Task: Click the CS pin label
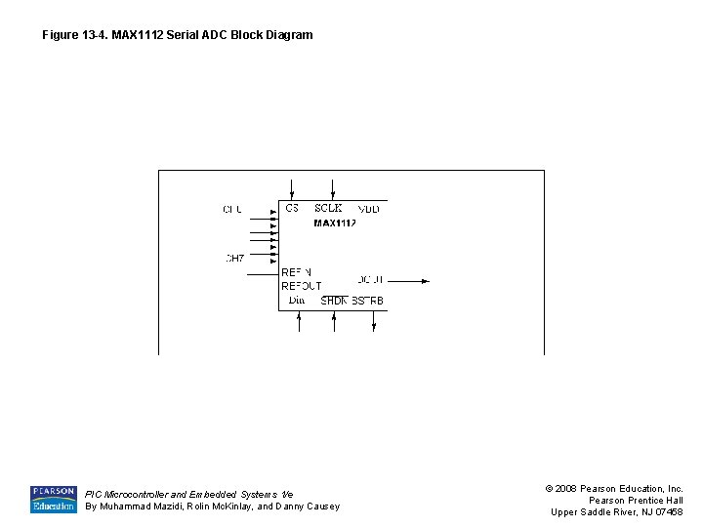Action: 292,208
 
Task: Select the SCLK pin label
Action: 328,208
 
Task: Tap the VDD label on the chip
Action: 368,209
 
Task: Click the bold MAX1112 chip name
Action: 334,223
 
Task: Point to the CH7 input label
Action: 234,259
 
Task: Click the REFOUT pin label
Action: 301,286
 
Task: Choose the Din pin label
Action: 297,301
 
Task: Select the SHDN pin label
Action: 334,301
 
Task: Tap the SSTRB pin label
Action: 368,301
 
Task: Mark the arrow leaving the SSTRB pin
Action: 374,324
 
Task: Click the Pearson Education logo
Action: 53,499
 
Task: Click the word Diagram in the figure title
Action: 288,35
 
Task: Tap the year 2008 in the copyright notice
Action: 565,488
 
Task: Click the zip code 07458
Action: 669,512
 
